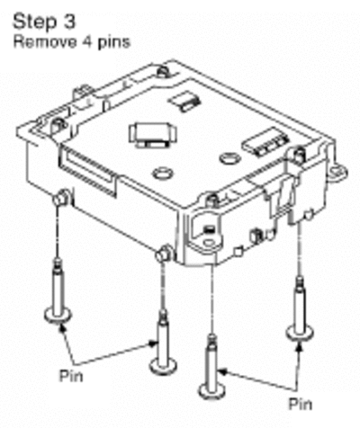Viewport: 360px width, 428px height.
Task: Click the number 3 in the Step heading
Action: point(69,22)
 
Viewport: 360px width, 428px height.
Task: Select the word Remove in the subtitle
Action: point(45,42)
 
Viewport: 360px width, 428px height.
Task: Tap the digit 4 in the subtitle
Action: point(87,42)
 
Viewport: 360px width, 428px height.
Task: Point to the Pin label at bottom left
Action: point(71,375)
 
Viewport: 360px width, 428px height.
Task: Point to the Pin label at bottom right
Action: point(301,404)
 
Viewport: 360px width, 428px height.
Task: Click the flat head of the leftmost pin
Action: point(58,316)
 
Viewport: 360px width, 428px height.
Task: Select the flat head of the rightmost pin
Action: point(300,333)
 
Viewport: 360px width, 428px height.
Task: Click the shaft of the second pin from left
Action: point(163,342)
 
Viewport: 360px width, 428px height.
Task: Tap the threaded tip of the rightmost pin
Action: point(300,281)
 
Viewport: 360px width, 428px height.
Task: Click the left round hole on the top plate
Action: point(162,174)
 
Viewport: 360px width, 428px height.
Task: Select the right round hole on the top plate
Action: point(230,158)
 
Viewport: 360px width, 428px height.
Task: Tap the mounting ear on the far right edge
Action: point(338,173)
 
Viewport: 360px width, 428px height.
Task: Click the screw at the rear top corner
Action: point(162,72)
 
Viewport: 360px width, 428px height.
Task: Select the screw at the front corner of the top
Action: point(212,200)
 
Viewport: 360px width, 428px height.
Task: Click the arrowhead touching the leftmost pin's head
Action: point(62,328)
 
